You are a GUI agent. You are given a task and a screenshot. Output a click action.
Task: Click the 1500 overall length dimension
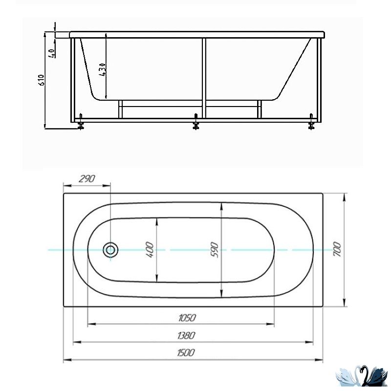coord(186,352)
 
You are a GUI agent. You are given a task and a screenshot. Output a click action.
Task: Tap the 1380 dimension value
coord(186,335)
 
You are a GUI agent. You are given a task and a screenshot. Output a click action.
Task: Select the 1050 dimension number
coord(187,318)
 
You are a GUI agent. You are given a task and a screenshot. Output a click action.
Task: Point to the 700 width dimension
coord(337,250)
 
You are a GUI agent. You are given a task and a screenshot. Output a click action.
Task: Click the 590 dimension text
coord(215,250)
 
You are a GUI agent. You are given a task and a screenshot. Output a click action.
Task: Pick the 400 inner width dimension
coord(150,250)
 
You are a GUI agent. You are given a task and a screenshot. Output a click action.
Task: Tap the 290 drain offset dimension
coord(87,178)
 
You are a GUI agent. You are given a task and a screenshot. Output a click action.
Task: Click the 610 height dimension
coord(41,80)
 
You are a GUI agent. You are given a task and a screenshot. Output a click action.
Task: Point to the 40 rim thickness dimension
coord(52,53)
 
